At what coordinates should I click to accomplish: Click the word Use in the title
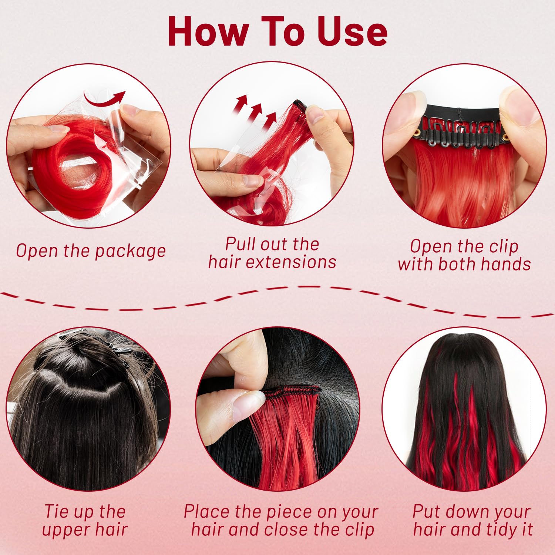(352, 31)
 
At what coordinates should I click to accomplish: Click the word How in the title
(208, 31)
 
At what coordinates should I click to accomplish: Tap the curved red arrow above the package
(104, 98)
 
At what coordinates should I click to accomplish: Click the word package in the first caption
(130, 252)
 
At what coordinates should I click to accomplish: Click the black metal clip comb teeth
(464, 134)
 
